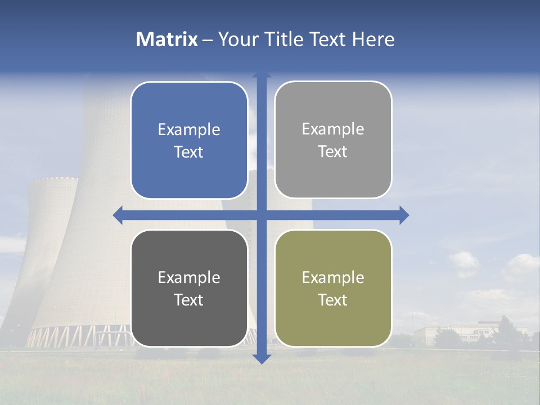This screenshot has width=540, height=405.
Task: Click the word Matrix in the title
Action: [x=166, y=39]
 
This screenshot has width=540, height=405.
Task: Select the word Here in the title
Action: [x=373, y=39]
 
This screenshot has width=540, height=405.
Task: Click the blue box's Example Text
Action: [x=189, y=141]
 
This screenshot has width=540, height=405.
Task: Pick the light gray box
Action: [x=333, y=139]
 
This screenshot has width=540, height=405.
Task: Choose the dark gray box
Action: [x=189, y=288]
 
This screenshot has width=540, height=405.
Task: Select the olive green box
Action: [x=333, y=288]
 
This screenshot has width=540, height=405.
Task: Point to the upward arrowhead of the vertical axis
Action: [x=262, y=75]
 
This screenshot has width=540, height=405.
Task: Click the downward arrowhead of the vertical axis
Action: [x=262, y=359]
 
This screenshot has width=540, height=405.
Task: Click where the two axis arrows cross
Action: [x=262, y=215]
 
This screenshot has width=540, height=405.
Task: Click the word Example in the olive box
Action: [x=333, y=277]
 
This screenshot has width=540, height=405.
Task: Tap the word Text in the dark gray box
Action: [x=189, y=300]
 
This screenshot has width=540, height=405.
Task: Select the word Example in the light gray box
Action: [x=333, y=129]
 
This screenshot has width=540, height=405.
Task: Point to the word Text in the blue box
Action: [x=189, y=152]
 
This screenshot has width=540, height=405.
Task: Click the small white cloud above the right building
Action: [x=464, y=262]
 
